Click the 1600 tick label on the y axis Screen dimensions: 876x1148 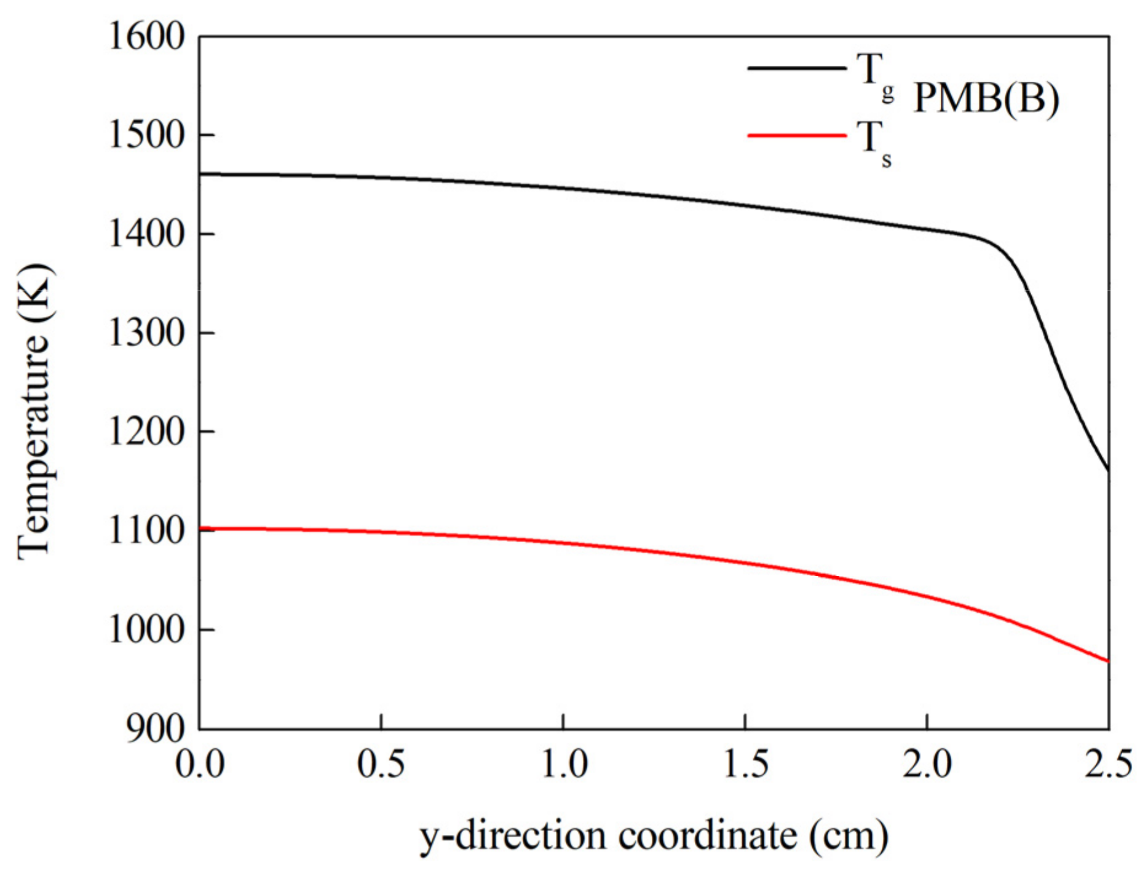pyautogui.click(x=146, y=36)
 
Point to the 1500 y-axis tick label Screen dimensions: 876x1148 pyautogui.click(x=146, y=135)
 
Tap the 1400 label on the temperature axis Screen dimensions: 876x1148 pyautogui.click(x=146, y=234)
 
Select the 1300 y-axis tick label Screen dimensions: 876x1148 pyautogui.click(x=146, y=333)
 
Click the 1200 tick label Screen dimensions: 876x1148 pyautogui.click(x=146, y=432)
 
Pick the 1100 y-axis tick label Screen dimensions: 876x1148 pyautogui.click(x=146, y=531)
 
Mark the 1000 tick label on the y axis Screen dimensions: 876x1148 pyautogui.click(x=146, y=629)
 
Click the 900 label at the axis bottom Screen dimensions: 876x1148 pyautogui.click(x=155, y=728)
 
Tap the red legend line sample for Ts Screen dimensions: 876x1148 pyautogui.click(x=797, y=135)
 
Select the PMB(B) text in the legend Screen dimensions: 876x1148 pyautogui.click(x=986, y=98)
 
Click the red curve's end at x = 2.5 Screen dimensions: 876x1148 pyautogui.click(x=1108, y=661)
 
